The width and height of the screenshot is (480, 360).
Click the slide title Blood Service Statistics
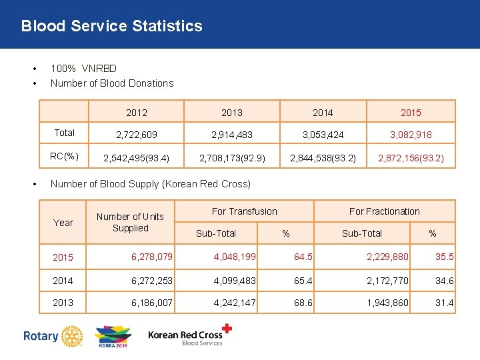coord(111,26)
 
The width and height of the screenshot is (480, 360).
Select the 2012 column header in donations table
coord(137,112)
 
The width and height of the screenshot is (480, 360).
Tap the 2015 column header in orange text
coord(411,112)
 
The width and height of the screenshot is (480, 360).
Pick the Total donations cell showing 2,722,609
coord(137,135)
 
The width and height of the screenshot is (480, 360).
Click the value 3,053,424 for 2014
coord(323,135)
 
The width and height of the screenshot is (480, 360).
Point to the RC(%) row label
coord(64,157)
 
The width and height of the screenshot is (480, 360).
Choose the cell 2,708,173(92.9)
coord(232,159)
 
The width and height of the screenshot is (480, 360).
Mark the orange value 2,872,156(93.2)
coord(411,159)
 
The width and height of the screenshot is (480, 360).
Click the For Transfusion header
coord(244,211)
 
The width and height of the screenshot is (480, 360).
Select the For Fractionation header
coord(385,211)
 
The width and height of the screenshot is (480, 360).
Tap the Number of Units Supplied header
coord(130,222)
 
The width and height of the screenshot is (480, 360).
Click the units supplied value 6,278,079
coord(152,257)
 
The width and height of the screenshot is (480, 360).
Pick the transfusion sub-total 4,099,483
coord(235,281)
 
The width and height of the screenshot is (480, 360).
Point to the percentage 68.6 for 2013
coord(303,303)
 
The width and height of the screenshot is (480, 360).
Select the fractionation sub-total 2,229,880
coord(388,257)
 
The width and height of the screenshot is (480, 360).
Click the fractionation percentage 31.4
coord(445,303)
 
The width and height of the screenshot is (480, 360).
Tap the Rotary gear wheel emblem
coord(70,336)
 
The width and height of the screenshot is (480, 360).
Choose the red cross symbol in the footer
coord(228,328)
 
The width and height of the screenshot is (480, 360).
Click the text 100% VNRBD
coord(83,69)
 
